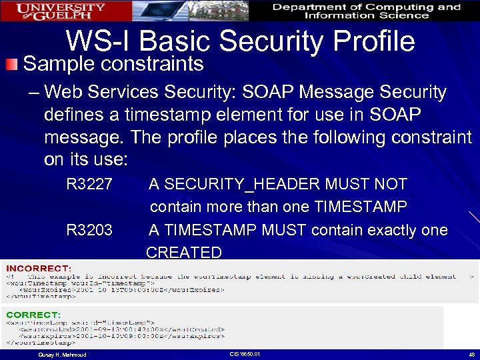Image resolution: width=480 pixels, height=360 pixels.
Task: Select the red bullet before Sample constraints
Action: [x=11, y=65]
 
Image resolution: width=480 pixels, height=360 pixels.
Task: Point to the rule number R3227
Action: [x=89, y=184]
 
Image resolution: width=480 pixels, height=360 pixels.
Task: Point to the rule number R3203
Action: [x=89, y=231]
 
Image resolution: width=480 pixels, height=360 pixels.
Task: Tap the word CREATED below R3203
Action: [x=184, y=253]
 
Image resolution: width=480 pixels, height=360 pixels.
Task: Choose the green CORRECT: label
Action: [x=33, y=314]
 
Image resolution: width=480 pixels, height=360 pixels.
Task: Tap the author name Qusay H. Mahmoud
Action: [x=62, y=355]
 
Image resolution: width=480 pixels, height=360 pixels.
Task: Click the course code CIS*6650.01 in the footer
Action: [x=245, y=354]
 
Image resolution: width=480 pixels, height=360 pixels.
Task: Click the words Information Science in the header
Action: [x=367, y=16]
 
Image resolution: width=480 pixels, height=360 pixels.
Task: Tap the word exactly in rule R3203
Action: [x=385, y=231]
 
